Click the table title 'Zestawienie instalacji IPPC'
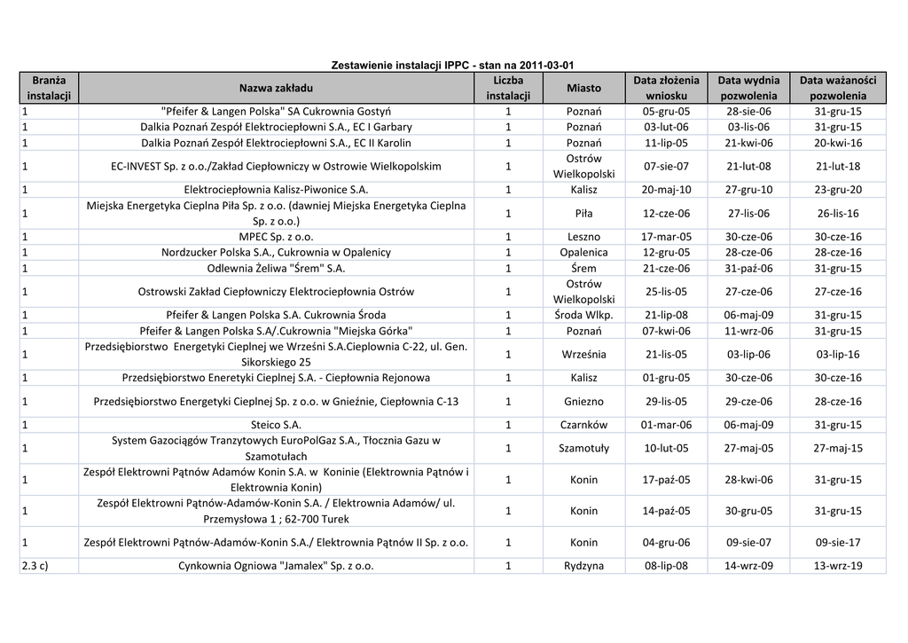click(452, 66)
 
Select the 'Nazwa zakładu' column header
click(276, 88)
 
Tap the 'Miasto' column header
click(583, 88)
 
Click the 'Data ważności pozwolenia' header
click(838, 88)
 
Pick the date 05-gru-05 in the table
click(666, 112)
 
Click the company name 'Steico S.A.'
click(276, 425)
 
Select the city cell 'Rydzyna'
click(583, 566)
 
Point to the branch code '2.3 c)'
click(35, 566)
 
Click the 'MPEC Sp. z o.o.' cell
click(276, 237)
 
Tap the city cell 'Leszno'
click(583, 237)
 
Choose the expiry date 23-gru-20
click(838, 190)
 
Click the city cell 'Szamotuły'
click(583, 449)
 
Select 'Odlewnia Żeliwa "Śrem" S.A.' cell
click(276, 269)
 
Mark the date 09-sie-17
click(838, 543)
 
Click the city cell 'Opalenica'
click(583, 253)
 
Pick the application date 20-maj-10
click(666, 190)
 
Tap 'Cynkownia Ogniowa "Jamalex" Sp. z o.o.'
click(276, 566)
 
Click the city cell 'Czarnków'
click(583, 425)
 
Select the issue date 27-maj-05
click(749, 449)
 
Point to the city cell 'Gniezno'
click(583, 402)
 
